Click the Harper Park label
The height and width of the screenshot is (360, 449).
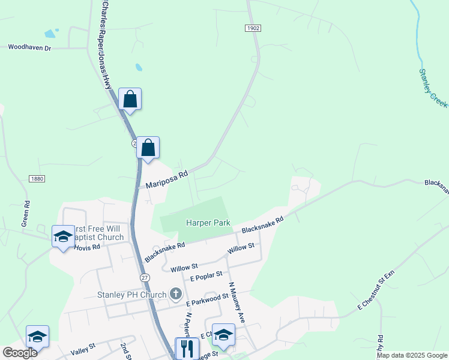click(208, 223)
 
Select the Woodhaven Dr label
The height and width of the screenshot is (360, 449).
click(30, 47)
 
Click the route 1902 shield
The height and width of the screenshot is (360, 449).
click(253, 28)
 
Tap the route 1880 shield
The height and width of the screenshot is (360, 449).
click(37, 178)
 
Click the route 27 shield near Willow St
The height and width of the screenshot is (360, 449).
click(145, 277)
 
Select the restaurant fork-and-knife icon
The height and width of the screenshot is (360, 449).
click(187, 347)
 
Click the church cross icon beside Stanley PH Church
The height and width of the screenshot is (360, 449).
click(175, 294)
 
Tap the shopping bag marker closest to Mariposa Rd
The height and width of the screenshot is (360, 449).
click(148, 148)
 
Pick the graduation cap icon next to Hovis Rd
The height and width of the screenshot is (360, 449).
click(62, 236)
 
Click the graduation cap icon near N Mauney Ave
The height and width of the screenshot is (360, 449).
click(223, 335)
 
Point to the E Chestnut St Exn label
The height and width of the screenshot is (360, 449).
click(376, 290)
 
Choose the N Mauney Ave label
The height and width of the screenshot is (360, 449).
click(237, 303)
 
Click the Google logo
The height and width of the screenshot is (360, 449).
click(19, 353)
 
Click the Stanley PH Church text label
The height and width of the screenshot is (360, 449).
click(132, 295)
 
